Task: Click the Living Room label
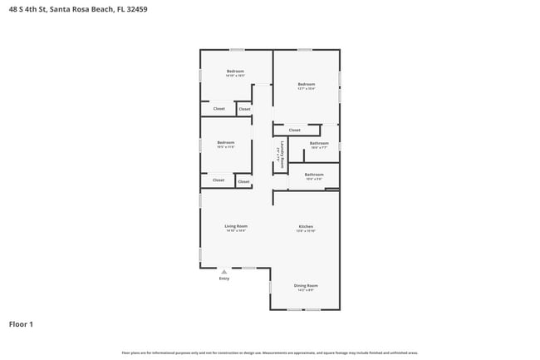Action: coord(236,226)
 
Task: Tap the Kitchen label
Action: coord(306,226)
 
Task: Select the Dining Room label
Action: coord(306,285)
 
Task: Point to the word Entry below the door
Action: coord(224,279)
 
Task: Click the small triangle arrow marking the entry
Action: coord(224,271)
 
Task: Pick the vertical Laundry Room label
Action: coord(282,155)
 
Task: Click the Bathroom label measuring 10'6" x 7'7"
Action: coord(319,143)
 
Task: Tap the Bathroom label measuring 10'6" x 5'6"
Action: coord(313,175)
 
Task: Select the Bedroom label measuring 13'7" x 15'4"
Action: coord(307,84)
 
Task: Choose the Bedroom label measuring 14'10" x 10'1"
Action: coord(235,72)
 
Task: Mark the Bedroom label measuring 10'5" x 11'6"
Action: coord(225,142)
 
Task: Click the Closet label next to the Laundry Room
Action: coord(294,130)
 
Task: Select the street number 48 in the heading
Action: coord(12,9)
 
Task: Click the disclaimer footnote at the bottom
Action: coord(269,353)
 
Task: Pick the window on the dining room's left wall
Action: coord(270,287)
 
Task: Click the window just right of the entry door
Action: coord(248,267)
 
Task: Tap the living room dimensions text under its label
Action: coord(236,231)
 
